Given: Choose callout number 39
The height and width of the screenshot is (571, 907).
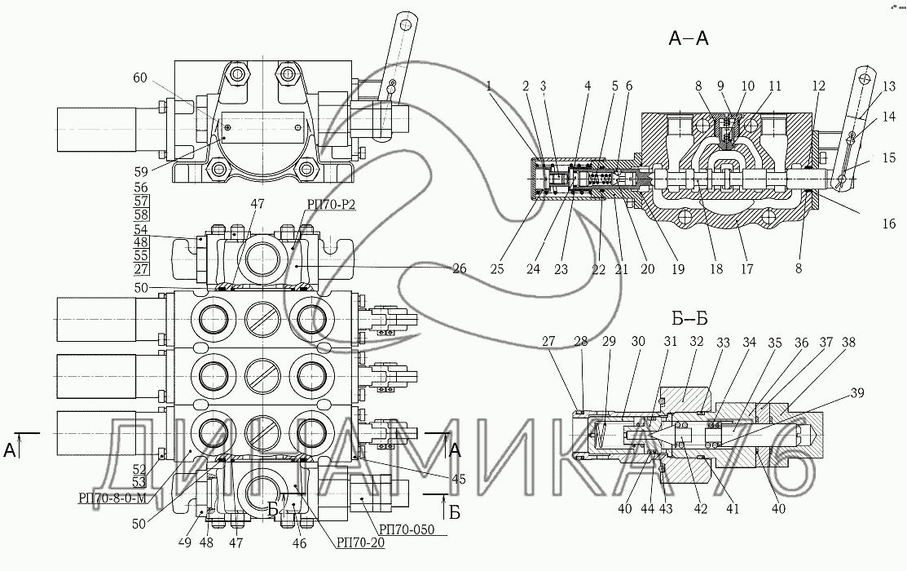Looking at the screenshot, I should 855,393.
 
